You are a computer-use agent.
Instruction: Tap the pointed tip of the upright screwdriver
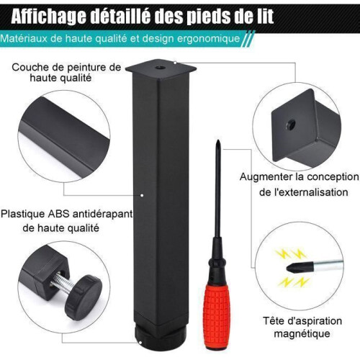pyautogui.click(x=218, y=140)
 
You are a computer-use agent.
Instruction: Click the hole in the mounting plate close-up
pyautogui.click(x=291, y=125)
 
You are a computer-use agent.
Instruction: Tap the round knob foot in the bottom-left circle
pyautogui.click(x=84, y=297)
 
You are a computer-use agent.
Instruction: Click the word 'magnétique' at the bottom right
pyautogui.click(x=302, y=334)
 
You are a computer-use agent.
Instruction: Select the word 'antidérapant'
pyautogui.click(x=102, y=214)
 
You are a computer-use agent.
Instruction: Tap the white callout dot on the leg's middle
pyautogui.click(x=142, y=195)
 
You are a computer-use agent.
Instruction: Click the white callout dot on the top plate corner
pyautogui.click(x=175, y=63)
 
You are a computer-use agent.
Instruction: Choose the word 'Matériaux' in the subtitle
pyautogui.click(x=24, y=38)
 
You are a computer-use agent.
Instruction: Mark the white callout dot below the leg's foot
pyautogui.click(x=140, y=343)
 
